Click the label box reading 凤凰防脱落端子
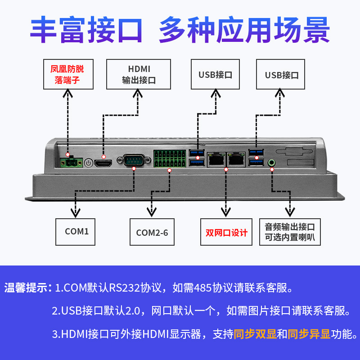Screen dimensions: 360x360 click(x=67, y=74)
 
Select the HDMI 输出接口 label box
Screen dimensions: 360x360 click(x=139, y=74)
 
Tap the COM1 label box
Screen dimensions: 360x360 click(x=76, y=231)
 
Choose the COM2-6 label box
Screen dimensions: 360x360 click(x=152, y=232)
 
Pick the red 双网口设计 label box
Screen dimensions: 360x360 click(x=226, y=232)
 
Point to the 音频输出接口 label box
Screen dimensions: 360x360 click(x=290, y=232)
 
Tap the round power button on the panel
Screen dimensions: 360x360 click(x=89, y=163)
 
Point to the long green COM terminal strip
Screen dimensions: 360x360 click(x=170, y=159)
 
